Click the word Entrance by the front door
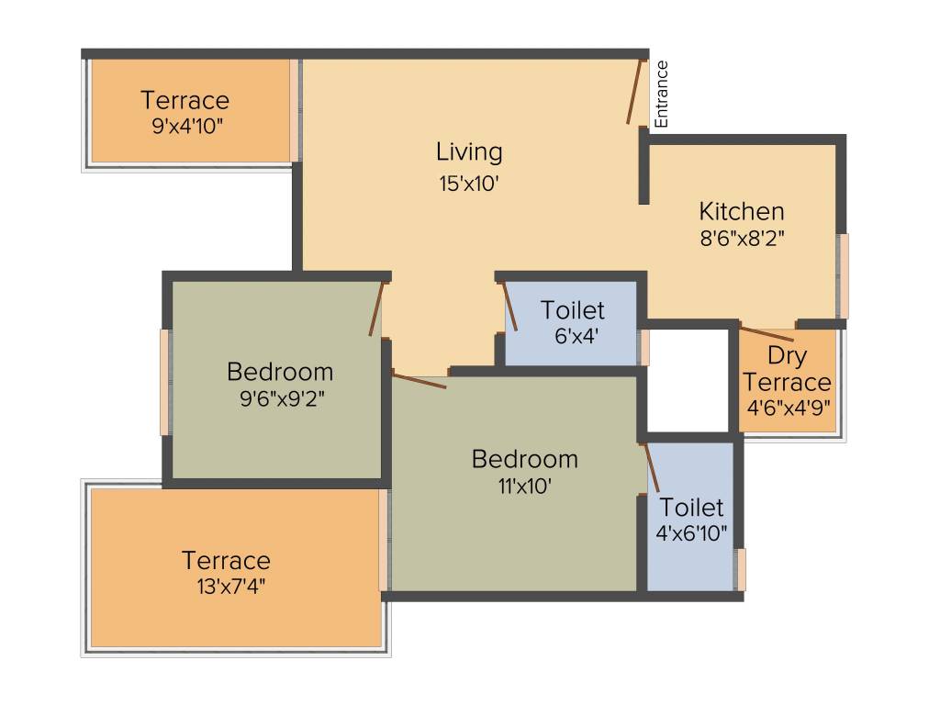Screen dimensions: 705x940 [662, 94]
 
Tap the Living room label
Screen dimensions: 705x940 [469, 151]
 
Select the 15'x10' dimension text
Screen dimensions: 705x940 [468, 183]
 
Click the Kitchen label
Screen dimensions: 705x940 [742, 211]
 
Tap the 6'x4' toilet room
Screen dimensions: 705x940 [572, 321]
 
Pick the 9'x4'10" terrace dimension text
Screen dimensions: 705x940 [187, 126]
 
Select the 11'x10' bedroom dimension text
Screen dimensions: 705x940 [524, 486]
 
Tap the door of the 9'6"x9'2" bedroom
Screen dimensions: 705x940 [375, 308]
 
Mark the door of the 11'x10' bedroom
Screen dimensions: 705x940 [419, 379]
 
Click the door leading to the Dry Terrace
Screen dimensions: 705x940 [767, 334]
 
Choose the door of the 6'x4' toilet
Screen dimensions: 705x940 [509, 306]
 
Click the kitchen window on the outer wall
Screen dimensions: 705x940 [843, 275]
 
